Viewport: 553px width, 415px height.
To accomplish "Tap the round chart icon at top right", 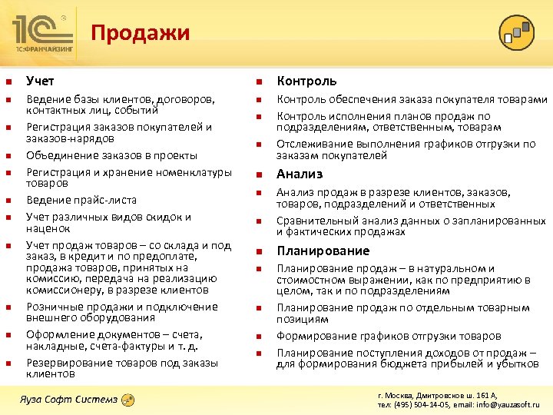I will (517, 32).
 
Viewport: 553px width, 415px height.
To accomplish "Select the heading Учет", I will (40, 81).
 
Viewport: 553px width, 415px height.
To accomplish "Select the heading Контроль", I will (306, 81).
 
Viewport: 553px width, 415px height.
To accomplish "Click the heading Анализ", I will (300, 174).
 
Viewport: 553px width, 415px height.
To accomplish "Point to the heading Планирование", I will (323, 251).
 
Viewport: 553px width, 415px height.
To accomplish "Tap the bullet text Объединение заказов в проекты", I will (111, 155).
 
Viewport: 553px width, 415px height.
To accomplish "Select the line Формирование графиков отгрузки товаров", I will (388, 336).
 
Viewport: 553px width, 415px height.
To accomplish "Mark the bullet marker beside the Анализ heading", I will (260, 174).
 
